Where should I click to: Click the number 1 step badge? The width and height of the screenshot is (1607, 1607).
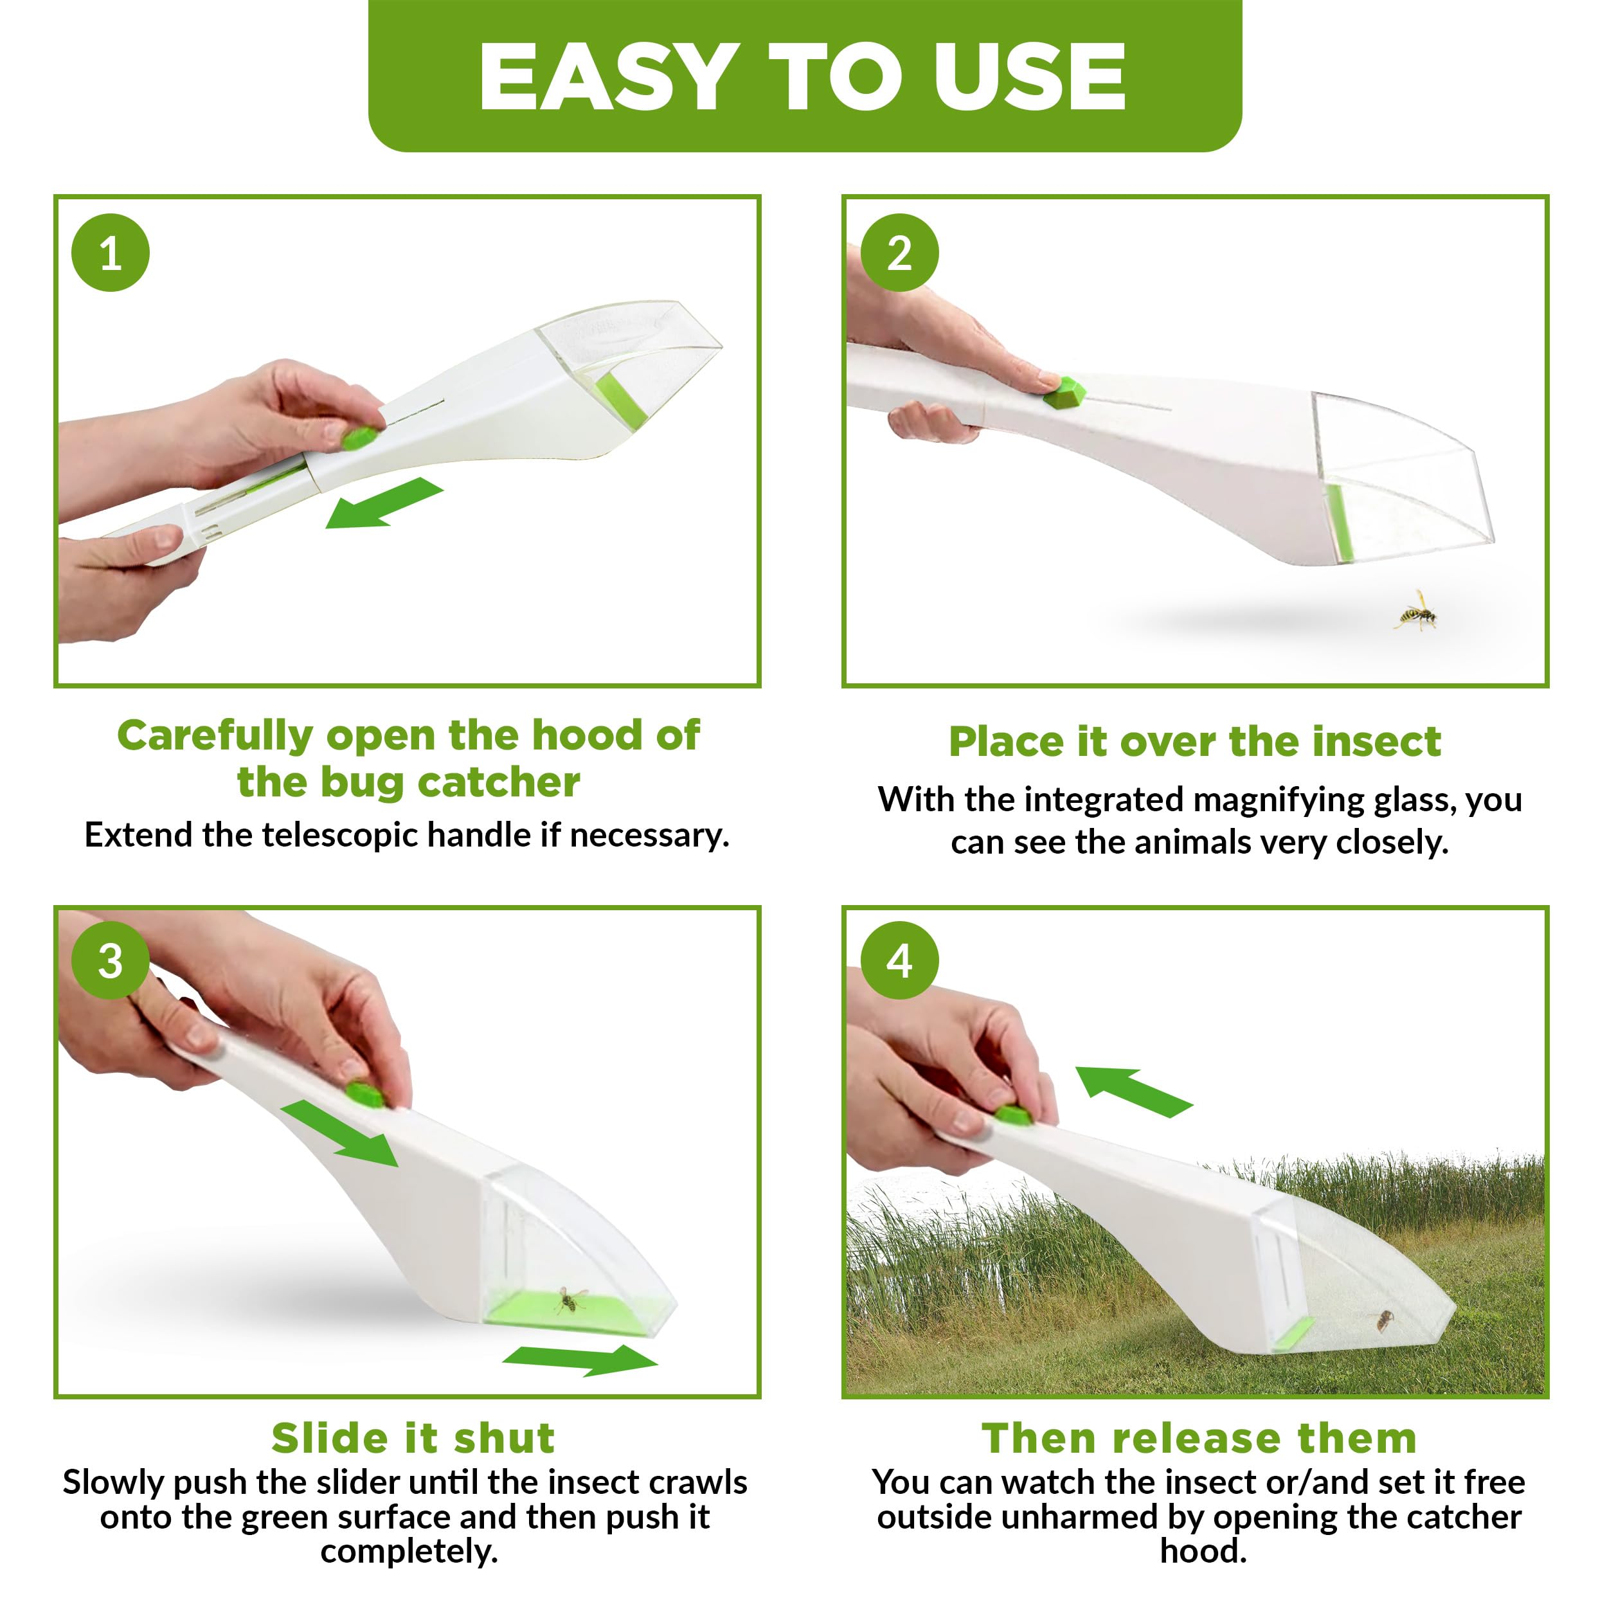click(111, 253)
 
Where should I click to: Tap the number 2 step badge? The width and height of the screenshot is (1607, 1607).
click(899, 253)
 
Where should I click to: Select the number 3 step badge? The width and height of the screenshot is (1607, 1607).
click(111, 961)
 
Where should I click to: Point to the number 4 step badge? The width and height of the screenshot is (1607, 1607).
click(899, 961)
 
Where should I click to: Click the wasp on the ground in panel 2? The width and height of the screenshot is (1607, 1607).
click(1415, 612)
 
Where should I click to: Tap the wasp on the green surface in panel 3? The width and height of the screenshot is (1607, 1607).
click(571, 1298)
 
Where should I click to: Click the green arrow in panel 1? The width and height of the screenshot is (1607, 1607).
click(384, 504)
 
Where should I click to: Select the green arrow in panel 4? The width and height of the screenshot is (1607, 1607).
click(1134, 1091)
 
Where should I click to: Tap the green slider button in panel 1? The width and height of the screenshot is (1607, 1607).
click(360, 438)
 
